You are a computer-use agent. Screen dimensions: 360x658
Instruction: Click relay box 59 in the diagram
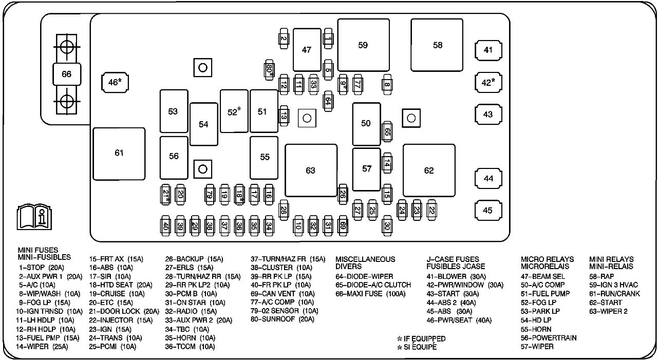tap(363, 45)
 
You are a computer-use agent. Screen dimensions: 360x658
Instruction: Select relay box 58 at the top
tap(437, 45)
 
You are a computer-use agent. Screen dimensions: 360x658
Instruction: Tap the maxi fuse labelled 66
tap(66, 74)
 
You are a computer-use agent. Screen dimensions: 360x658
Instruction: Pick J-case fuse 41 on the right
tap(488, 50)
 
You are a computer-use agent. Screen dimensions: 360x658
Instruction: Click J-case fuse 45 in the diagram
tap(488, 210)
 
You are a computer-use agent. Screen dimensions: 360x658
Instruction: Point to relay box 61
tap(119, 153)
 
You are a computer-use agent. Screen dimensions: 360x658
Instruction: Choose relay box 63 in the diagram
tap(311, 170)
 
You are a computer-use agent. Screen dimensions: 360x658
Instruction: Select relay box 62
tap(429, 170)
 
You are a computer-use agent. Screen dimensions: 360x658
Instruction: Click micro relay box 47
tap(307, 50)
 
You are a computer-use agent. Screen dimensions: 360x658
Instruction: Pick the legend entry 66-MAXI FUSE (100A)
tap(370, 294)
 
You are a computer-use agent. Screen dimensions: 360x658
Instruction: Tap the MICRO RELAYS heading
tap(547, 259)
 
